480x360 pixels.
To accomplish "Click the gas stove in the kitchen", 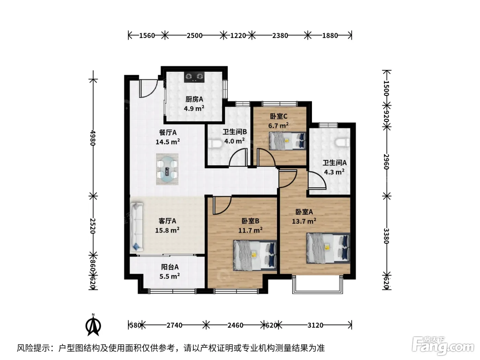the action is (194, 77).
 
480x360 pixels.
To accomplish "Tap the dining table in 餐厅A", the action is (167, 169).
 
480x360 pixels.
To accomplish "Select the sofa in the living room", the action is (137, 227).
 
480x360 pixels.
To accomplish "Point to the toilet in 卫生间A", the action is (342, 142).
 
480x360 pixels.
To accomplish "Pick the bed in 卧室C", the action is (288, 141).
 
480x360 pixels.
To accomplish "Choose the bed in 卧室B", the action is (255, 255).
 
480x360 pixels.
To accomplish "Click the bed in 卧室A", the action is (328, 248).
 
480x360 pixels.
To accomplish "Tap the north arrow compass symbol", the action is (93, 325).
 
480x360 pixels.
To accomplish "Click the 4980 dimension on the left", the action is (93, 138).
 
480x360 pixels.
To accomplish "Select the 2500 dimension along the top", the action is (194, 35).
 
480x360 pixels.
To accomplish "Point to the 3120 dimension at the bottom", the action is (315, 325).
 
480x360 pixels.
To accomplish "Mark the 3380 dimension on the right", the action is (386, 236).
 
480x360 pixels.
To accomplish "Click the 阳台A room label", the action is (170, 267).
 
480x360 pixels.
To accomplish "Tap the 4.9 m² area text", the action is (194, 108).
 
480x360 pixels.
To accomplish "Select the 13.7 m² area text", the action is (304, 221).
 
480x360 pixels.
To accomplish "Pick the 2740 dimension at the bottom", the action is (174, 325).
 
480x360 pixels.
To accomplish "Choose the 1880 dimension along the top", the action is (330, 35).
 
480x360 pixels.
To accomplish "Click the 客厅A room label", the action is (167, 221).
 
